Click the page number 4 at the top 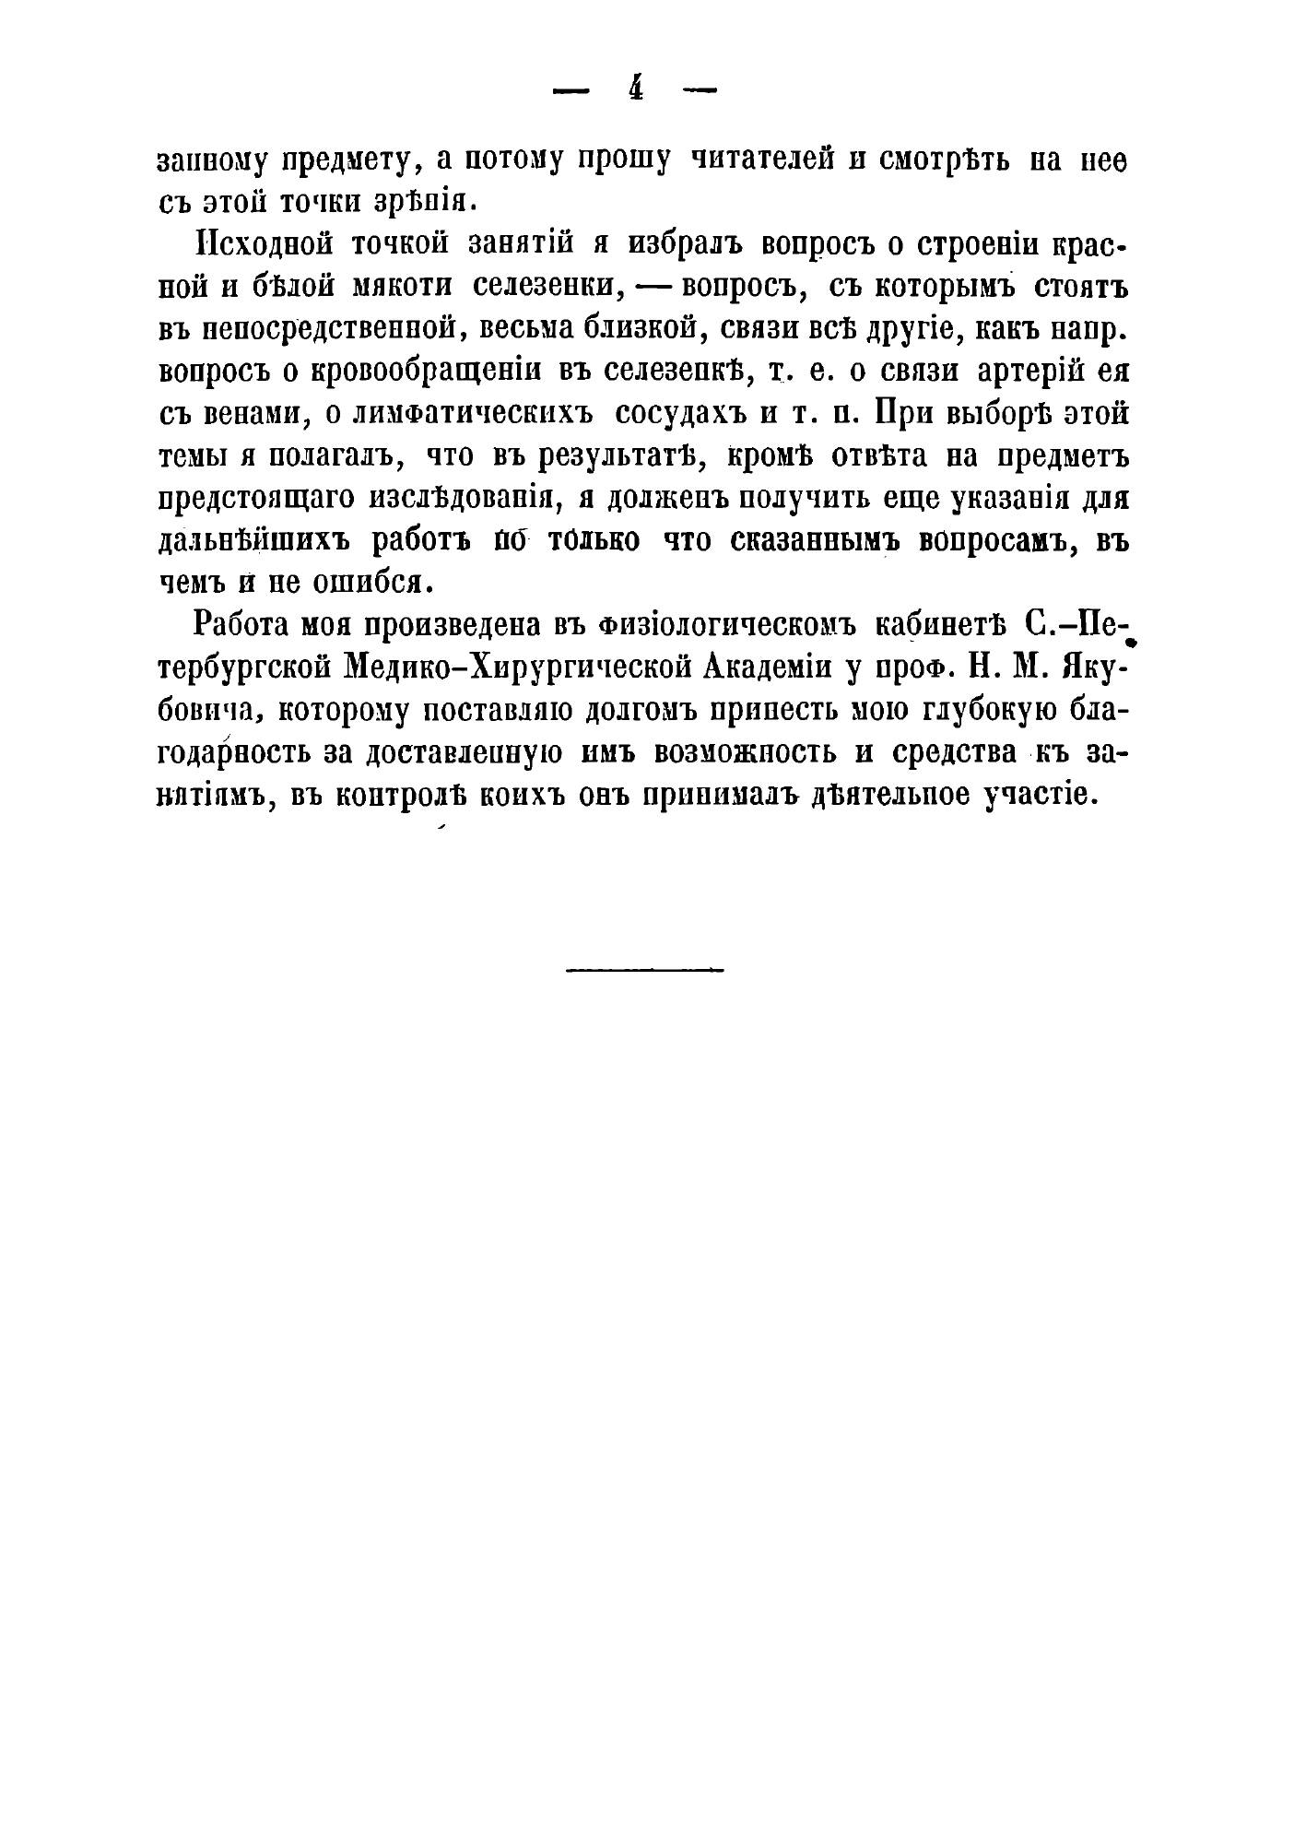635,89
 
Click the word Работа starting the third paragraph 241,626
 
